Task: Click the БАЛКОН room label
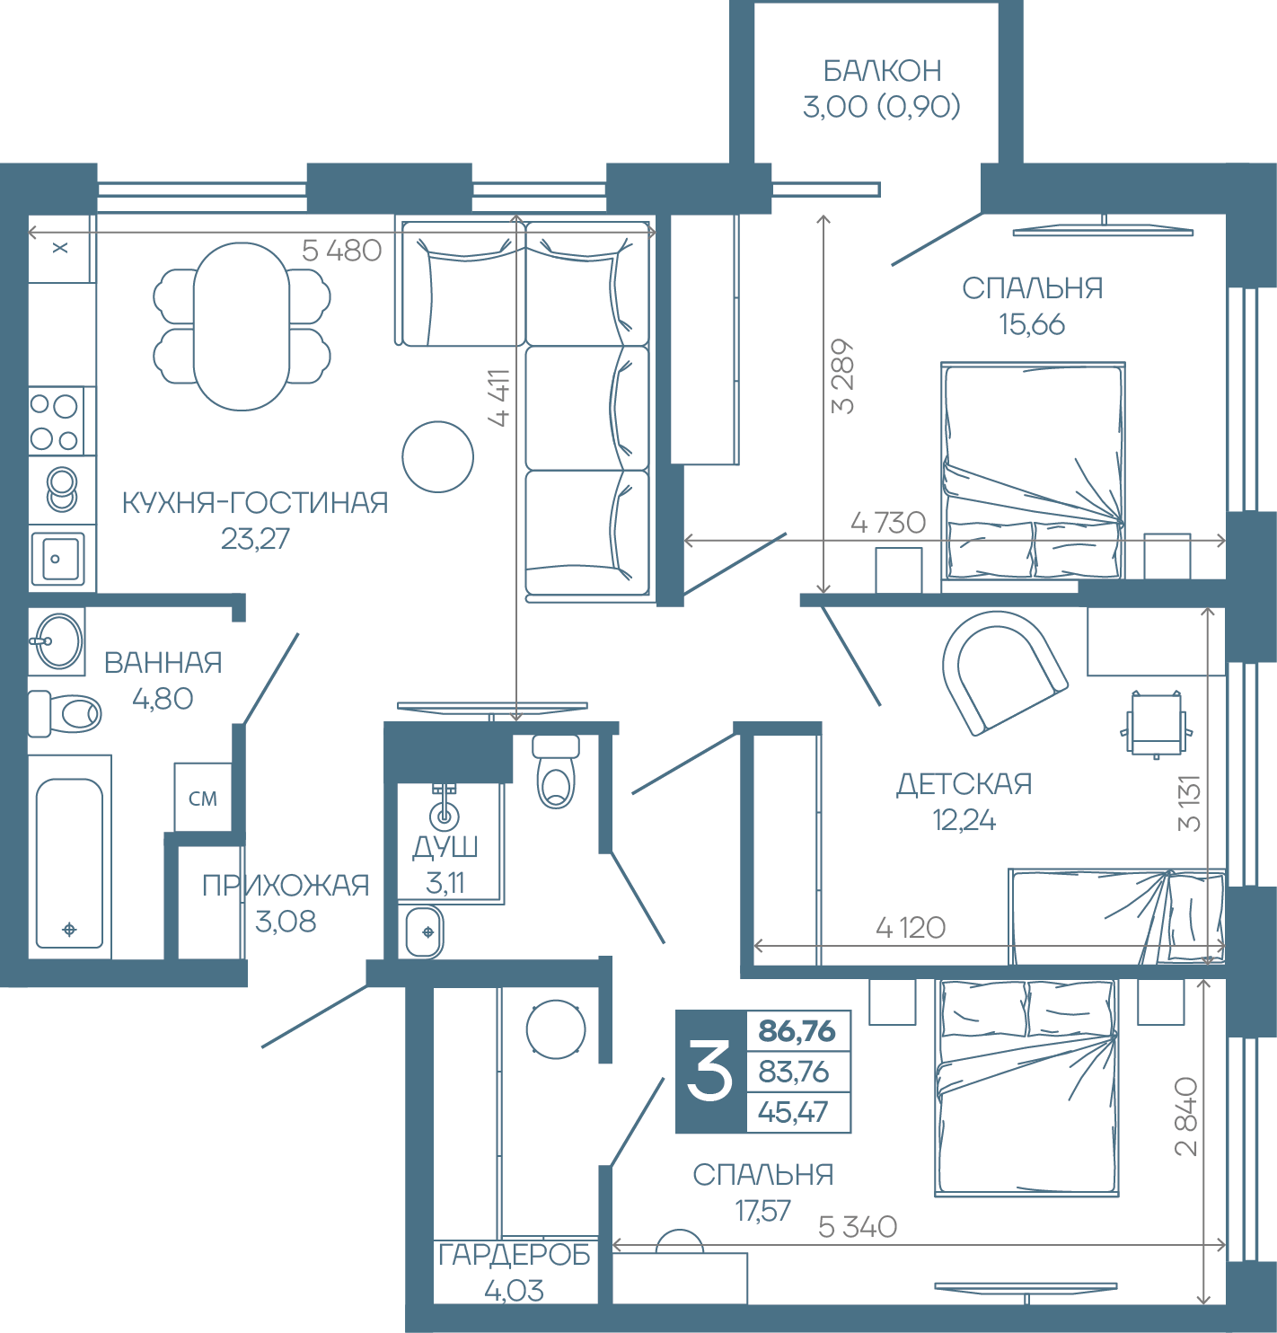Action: (x=882, y=71)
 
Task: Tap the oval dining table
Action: (x=242, y=327)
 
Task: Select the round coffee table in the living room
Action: (x=438, y=456)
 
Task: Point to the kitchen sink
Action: (x=57, y=559)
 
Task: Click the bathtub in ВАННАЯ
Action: (x=70, y=856)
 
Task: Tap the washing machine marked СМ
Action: (x=203, y=798)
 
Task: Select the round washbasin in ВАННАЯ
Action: (x=57, y=641)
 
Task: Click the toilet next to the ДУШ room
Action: (x=555, y=772)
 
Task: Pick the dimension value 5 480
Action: (x=341, y=251)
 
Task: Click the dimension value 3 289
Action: (x=843, y=376)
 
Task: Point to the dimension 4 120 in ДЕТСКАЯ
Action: (x=911, y=928)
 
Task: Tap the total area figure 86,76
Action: (x=797, y=1031)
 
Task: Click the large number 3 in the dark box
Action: (x=710, y=1071)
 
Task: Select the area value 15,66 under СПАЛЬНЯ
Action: (x=1032, y=324)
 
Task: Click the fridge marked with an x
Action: (x=60, y=248)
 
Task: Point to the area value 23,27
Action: (x=255, y=539)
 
